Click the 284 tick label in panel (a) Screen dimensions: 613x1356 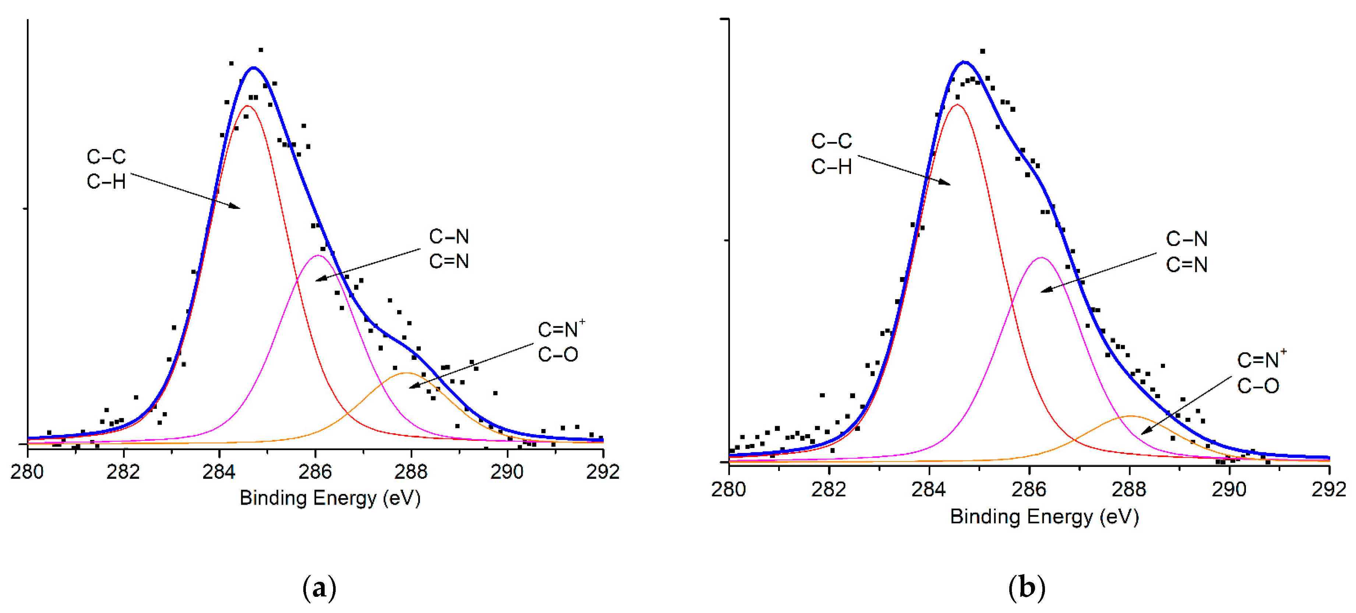coord(219,471)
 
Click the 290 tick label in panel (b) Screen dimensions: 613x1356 coord(1229,489)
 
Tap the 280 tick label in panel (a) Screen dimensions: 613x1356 coord(27,471)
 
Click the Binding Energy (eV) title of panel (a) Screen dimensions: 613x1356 coord(330,498)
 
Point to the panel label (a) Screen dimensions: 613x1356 coord(319,587)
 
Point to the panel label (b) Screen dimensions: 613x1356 coord(1027,587)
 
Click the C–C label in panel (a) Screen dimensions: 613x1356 coord(106,157)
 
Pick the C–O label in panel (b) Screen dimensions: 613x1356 coord(1258,386)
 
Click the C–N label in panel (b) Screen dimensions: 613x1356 coord(1187,239)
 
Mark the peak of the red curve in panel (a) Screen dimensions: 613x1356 coord(247,106)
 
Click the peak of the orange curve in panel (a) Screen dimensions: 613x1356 coord(406,373)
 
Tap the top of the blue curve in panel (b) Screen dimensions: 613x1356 coord(964,62)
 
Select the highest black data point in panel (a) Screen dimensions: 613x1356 coord(261,50)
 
